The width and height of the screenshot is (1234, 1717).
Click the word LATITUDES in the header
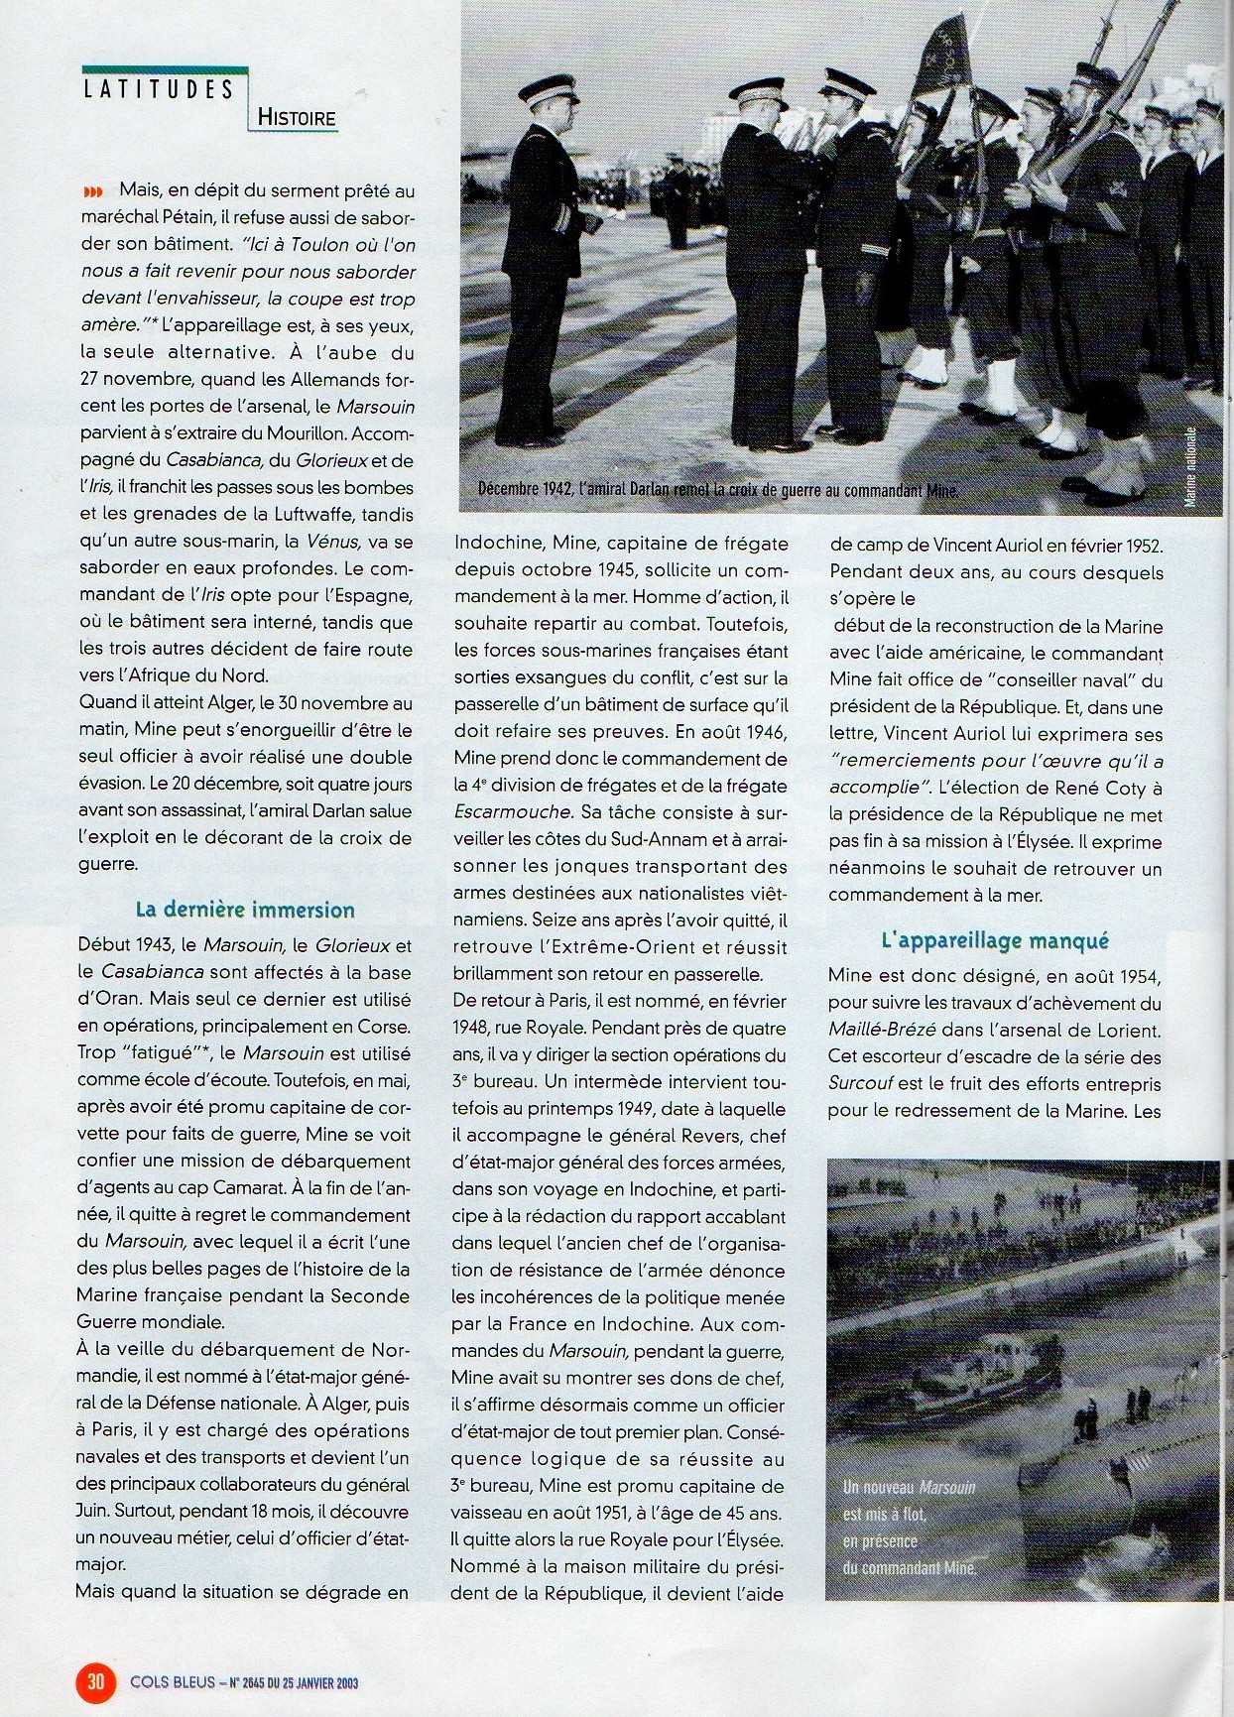pyautogui.click(x=159, y=89)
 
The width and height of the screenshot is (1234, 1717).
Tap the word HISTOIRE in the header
pyautogui.click(x=297, y=118)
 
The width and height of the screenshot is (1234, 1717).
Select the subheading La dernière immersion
pyautogui.click(x=245, y=910)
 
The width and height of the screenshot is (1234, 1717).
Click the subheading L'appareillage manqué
pyautogui.click(x=994, y=940)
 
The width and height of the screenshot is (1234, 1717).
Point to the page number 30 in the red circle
pyautogui.click(x=96, y=1681)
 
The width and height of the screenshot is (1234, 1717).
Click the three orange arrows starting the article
pyautogui.click(x=92, y=191)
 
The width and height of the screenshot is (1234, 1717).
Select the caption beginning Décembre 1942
pyautogui.click(x=718, y=490)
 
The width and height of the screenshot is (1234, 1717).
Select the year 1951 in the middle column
pyautogui.click(x=691, y=1513)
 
